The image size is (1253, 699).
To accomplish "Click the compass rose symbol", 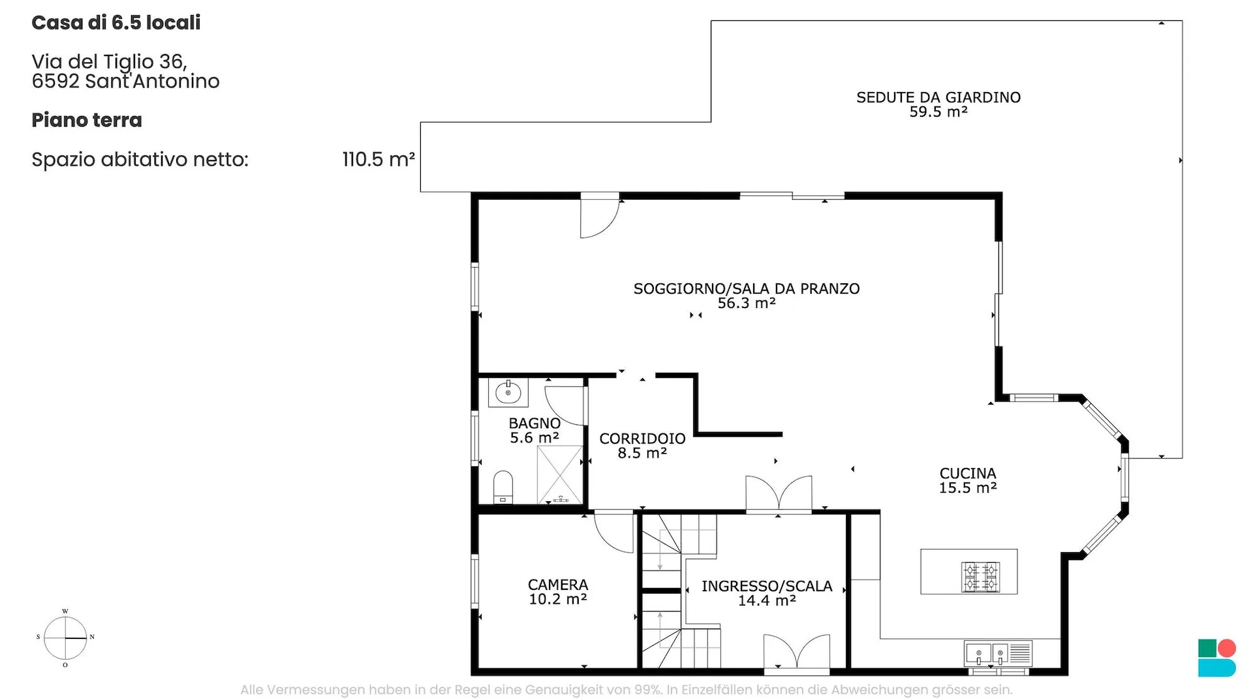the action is (65, 638).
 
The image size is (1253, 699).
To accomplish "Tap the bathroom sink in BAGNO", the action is (508, 393).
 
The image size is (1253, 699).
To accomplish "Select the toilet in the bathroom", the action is (503, 487).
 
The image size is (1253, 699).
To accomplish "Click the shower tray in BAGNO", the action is (559, 474).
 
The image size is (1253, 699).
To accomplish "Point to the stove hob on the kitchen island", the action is (980, 577).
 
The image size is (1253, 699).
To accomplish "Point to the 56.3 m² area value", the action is (747, 303).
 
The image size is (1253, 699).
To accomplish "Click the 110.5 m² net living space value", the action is (379, 159).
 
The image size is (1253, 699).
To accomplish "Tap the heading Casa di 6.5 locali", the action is (116, 23).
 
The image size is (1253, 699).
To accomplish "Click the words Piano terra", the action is (87, 120).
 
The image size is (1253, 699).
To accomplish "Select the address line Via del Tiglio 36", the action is (110, 62).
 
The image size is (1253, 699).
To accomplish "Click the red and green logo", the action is (1217, 658).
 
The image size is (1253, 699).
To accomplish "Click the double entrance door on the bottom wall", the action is (797, 653).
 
